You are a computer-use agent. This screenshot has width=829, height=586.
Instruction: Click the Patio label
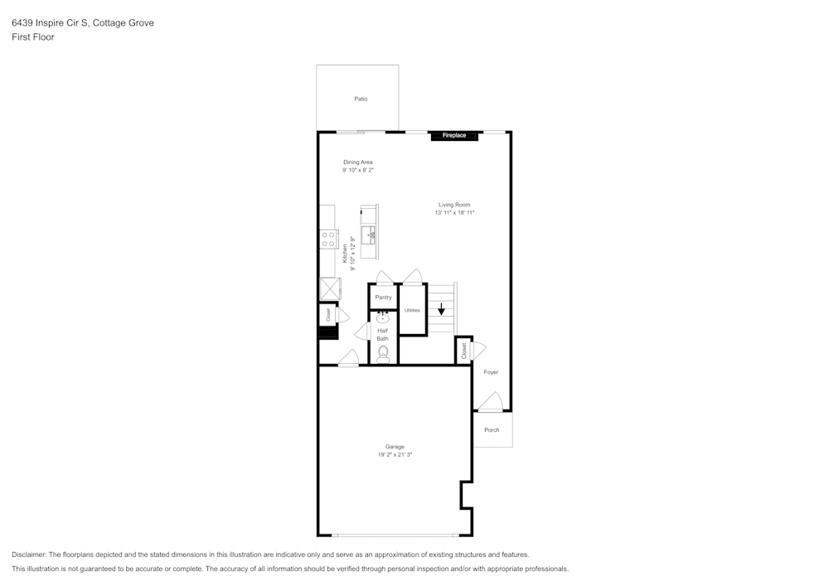361,99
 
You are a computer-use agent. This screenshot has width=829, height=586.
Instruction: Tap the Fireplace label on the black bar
454,135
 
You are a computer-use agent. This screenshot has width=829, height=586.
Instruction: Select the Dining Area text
358,162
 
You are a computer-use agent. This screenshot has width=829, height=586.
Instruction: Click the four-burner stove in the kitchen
328,240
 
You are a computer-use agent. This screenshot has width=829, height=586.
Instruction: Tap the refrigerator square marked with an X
329,288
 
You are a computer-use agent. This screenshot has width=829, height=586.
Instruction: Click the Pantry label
383,297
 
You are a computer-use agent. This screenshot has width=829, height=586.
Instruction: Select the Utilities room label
412,310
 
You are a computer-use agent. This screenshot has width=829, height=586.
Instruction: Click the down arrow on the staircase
441,309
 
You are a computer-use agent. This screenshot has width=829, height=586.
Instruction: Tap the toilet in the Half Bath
383,354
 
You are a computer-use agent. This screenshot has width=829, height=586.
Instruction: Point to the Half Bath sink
383,317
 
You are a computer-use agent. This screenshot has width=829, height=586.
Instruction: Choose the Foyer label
492,372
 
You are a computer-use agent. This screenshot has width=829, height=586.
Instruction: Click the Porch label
492,430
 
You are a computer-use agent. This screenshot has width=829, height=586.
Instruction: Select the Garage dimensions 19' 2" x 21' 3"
395,455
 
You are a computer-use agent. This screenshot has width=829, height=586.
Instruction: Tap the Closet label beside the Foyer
463,351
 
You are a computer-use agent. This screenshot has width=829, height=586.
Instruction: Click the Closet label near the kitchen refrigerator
328,315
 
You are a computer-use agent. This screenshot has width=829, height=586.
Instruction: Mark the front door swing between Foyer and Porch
491,404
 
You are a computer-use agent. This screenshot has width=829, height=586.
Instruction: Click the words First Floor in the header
33,37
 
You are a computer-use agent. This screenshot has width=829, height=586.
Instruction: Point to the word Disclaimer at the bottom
29,555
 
